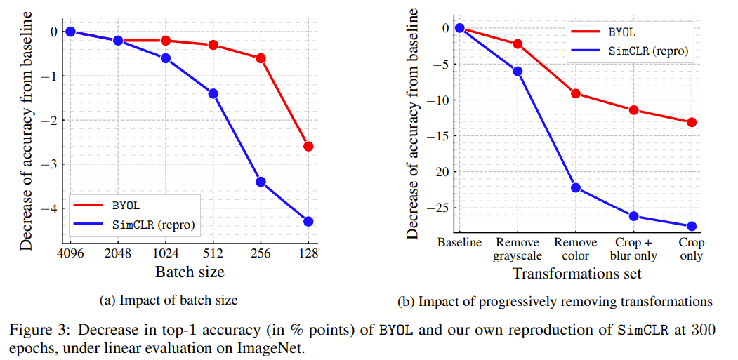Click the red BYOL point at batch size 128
click(x=308, y=146)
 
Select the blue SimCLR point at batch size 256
click(x=261, y=182)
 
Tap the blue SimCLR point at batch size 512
click(x=213, y=93)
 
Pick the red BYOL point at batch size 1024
click(x=166, y=41)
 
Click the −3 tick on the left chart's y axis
click(x=51, y=164)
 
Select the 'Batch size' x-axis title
click(x=189, y=272)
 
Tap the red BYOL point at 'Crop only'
click(x=692, y=122)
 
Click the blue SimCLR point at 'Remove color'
click(x=576, y=187)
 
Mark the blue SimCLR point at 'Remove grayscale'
click(x=518, y=71)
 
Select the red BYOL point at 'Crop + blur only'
click(x=633, y=110)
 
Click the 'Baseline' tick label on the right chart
click(x=459, y=243)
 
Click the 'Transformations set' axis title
click(x=576, y=274)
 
